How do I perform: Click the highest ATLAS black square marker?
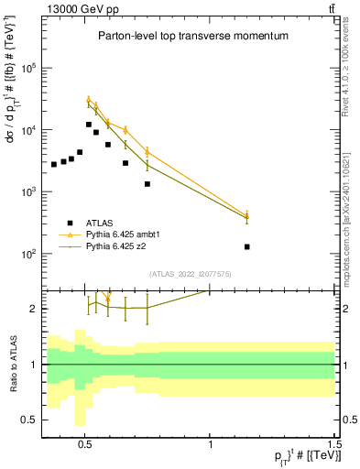tap(89, 125)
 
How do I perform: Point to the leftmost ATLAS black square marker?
tap(54, 164)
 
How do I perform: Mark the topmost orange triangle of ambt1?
tap(89, 100)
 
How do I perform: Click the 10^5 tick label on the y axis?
tap(29, 69)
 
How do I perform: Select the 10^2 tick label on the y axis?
tap(29, 254)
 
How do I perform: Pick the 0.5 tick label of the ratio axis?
tap(29, 420)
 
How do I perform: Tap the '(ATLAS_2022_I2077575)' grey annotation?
tap(189, 273)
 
